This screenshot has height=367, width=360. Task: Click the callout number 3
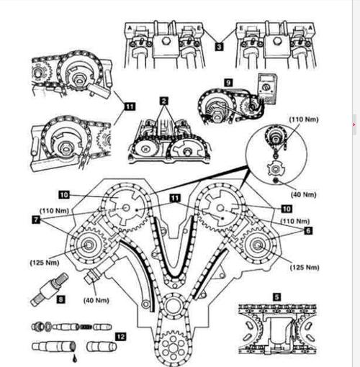point(219,46)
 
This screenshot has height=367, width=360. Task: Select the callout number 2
point(163,101)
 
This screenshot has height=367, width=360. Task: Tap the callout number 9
point(228,83)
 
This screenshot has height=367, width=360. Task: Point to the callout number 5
point(277,297)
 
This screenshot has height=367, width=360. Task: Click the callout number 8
point(60,299)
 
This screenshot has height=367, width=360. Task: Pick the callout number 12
point(120,337)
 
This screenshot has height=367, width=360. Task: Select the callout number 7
point(36,219)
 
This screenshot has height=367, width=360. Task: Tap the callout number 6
point(308,230)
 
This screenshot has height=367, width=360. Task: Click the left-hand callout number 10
point(64,194)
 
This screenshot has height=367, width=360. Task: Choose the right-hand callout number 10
point(287,209)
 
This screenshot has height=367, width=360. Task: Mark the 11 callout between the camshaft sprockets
point(175,198)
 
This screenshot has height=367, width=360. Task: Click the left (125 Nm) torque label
point(45,263)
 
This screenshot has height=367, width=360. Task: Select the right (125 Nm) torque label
point(305,267)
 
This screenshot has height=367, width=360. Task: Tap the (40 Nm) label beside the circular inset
point(304,194)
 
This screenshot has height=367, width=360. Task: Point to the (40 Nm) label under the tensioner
point(96,300)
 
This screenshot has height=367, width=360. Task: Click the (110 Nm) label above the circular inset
point(304,119)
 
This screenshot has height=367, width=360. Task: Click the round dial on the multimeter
point(266,86)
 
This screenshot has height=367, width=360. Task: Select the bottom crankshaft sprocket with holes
point(173,345)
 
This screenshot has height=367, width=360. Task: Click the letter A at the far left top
point(130,28)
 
